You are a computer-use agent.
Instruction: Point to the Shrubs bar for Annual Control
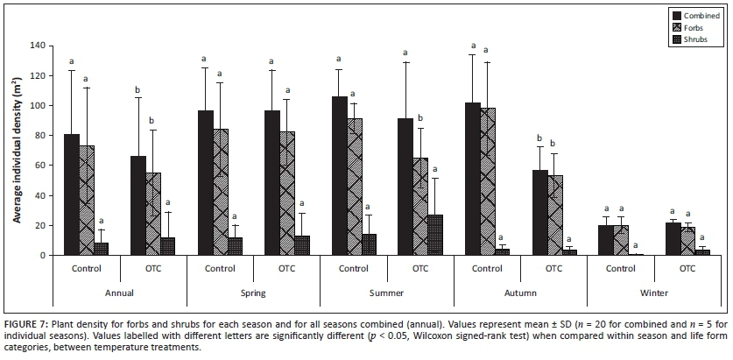coord(102,249)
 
